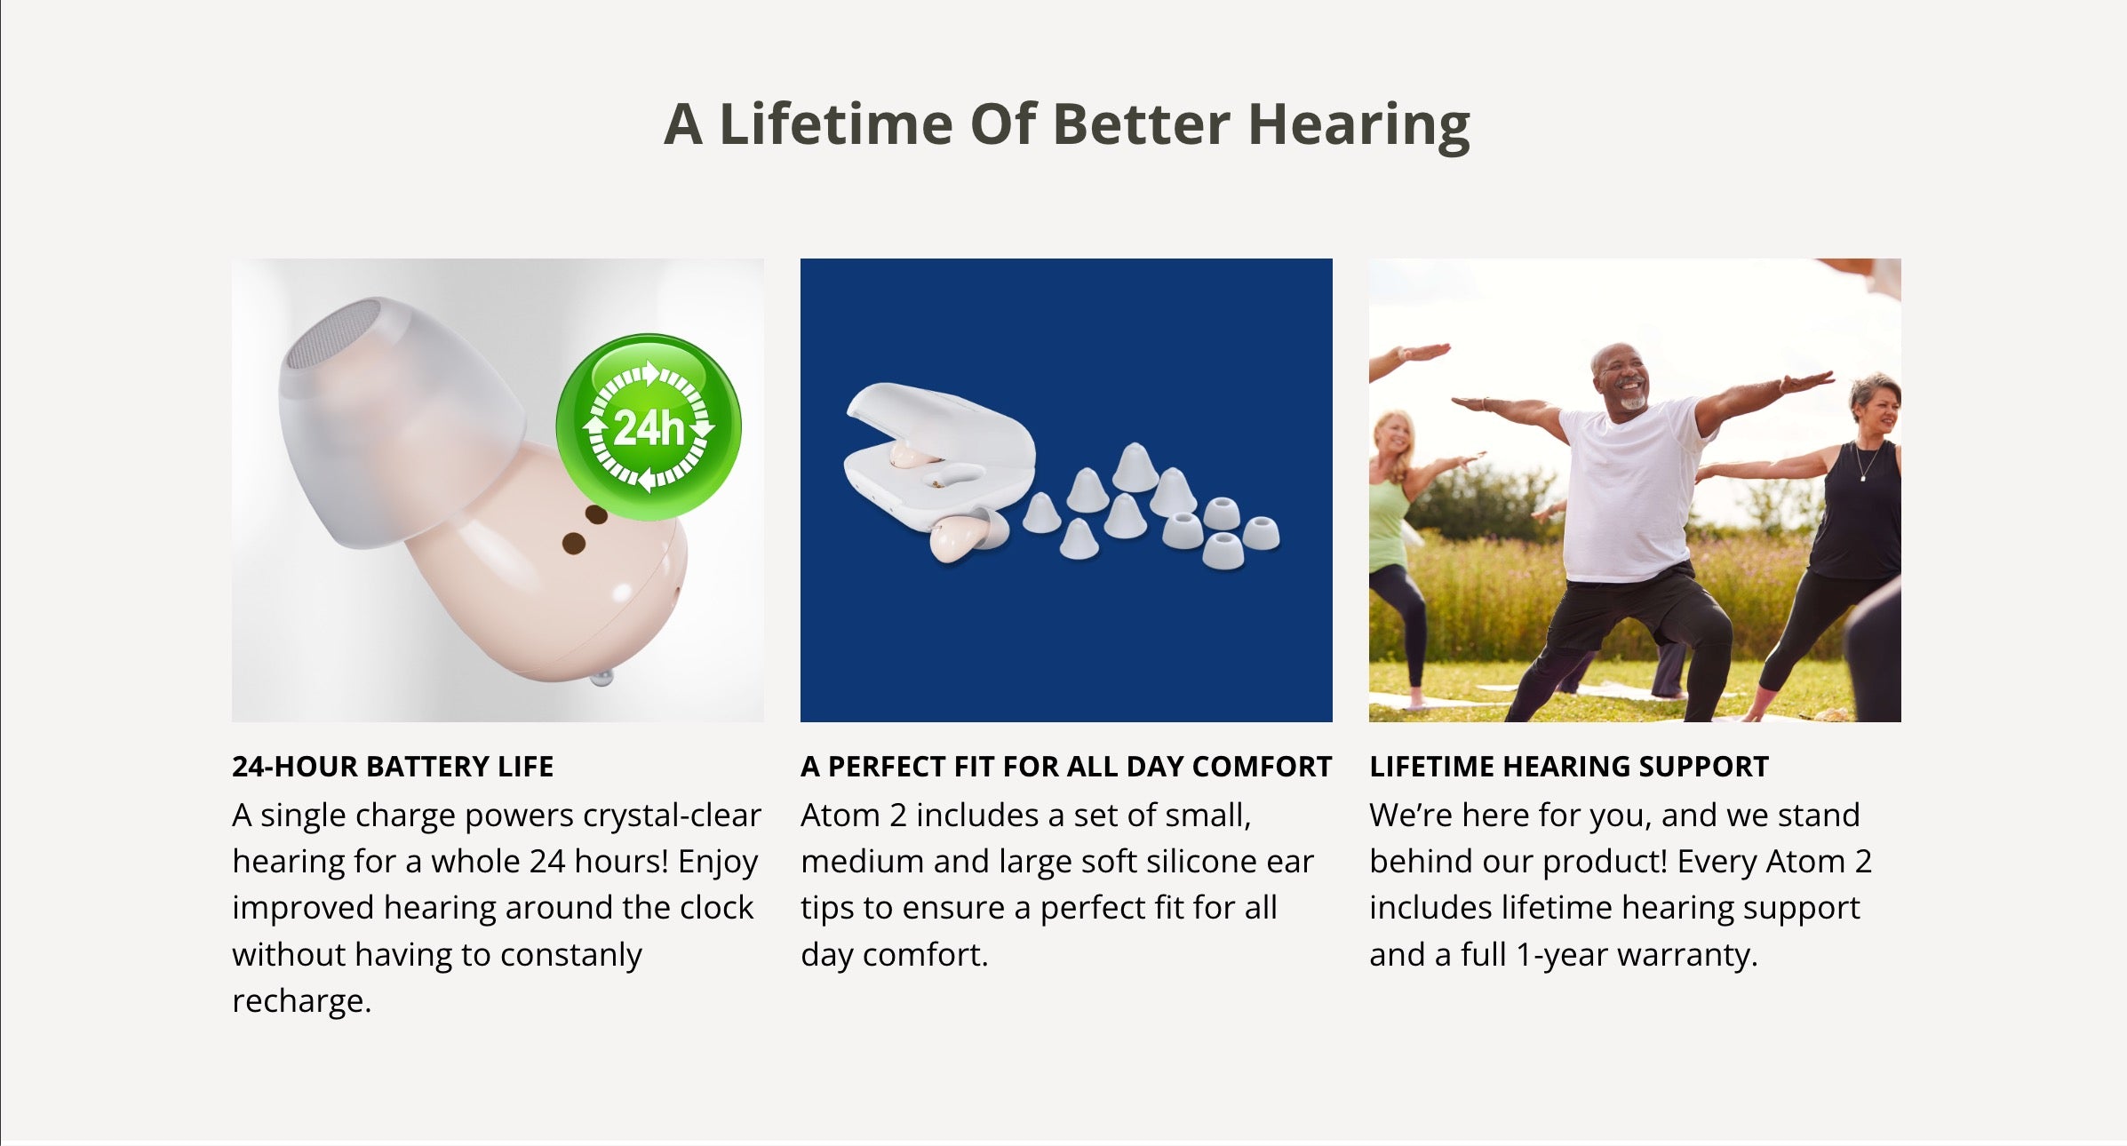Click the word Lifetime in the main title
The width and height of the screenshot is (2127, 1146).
click(835, 123)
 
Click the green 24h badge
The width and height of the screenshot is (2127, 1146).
click(649, 427)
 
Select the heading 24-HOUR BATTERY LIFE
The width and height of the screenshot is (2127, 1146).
click(393, 767)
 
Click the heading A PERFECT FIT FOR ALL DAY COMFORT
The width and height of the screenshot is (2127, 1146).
click(1066, 767)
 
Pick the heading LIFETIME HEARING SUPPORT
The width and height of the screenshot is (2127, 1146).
click(1569, 767)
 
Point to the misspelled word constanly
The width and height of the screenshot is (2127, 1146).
click(570, 956)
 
